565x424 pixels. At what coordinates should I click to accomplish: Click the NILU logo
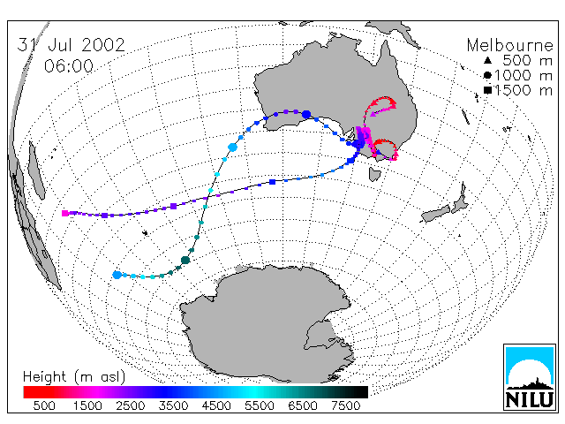pyautogui.click(x=530, y=377)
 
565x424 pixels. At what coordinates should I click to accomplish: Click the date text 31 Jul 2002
pyautogui.click(x=71, y=45)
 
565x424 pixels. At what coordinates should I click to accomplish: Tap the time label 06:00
pyautogui.click(x=69, y=66)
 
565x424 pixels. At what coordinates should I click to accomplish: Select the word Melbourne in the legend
pyautogui.click(x=510, y=45)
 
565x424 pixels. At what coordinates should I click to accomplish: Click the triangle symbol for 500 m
pyautogui.click(x=487, y=60)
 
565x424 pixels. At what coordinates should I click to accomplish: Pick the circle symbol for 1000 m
pyautogui.click(x=487, y=75)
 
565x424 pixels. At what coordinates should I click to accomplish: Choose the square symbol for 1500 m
pyautogui.click(x=488, y=90)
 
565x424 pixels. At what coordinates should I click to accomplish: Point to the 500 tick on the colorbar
pyautogui.click(x=44, y=406)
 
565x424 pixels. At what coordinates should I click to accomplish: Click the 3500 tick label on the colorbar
pyautogui.click(x=173, y=406)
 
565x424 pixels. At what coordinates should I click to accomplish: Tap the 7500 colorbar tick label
pyautogui.click(x=345, y=406)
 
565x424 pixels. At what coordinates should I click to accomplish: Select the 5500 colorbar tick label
pyautogui.click(x=260, y=406)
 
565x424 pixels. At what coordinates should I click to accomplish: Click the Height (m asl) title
pyautogui.click(x=74, y=377)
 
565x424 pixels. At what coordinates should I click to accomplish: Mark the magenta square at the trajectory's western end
pyautogui.click(x=65, y=213)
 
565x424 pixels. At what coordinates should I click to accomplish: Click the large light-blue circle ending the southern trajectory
pyautogui.click(x=117, y=275)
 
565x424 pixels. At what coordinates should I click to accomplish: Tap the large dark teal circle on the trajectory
pyautogui.click(x=185, y=260)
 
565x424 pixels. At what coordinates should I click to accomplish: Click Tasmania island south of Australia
pyautogui.click(x=374, y=175)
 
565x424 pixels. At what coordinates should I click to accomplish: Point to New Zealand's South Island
pyautogui.click(x=436, y=214)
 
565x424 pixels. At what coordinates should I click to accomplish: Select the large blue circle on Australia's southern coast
pyautogui.click(x=306, y=115)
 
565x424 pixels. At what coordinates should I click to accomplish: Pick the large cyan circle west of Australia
pyautogui.click(x=232, y=148)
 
